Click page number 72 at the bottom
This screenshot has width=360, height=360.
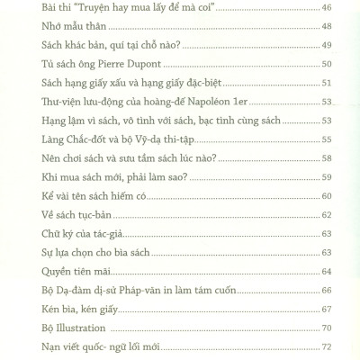coord(327,347)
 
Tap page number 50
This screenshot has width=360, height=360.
coord(327,64)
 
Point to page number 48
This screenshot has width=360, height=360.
coord(327,26)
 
